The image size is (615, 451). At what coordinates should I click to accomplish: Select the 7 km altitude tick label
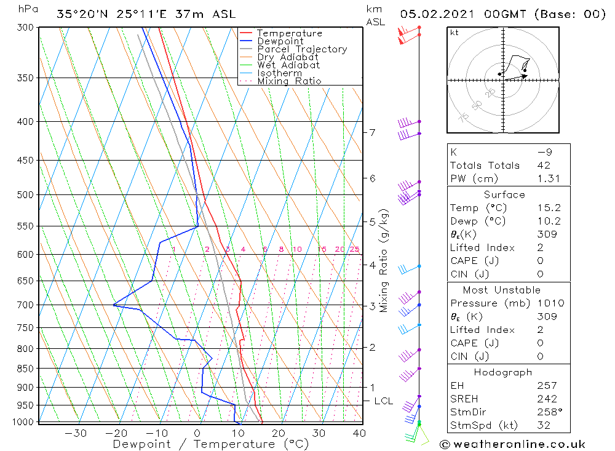point(372,132)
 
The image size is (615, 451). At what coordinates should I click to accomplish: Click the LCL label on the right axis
point(383,401)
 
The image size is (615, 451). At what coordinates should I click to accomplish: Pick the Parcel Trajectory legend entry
point(302,49)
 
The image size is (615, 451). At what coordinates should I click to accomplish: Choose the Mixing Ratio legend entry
point(289,81)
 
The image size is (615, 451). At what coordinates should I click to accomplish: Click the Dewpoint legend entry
point(280,41)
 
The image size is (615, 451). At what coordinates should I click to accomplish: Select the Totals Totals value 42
point(544,165)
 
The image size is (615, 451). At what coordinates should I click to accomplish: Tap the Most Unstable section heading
point(502,290)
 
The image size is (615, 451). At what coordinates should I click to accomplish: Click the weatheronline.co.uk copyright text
point(512,444)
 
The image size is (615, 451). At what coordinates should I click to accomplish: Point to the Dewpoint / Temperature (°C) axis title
point(210,444)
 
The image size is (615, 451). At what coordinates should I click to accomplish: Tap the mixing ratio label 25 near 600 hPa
point(354,249)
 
